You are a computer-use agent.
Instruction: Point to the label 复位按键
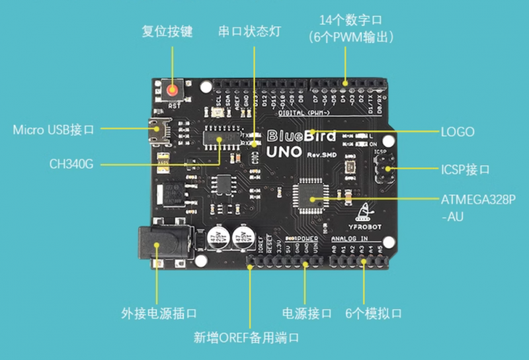tap(168, 32)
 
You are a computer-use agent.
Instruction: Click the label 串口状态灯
tap(249, 32)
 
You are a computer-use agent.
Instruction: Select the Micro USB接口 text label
tap(54, 130)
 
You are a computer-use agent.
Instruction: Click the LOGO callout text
tap(458, 132)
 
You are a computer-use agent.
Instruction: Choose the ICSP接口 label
tap(466, 170)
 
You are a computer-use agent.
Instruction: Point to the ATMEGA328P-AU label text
tap(477, 206)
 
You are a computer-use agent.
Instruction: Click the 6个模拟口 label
tap(374, 313)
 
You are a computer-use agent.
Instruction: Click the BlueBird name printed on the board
tap(301, 137)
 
